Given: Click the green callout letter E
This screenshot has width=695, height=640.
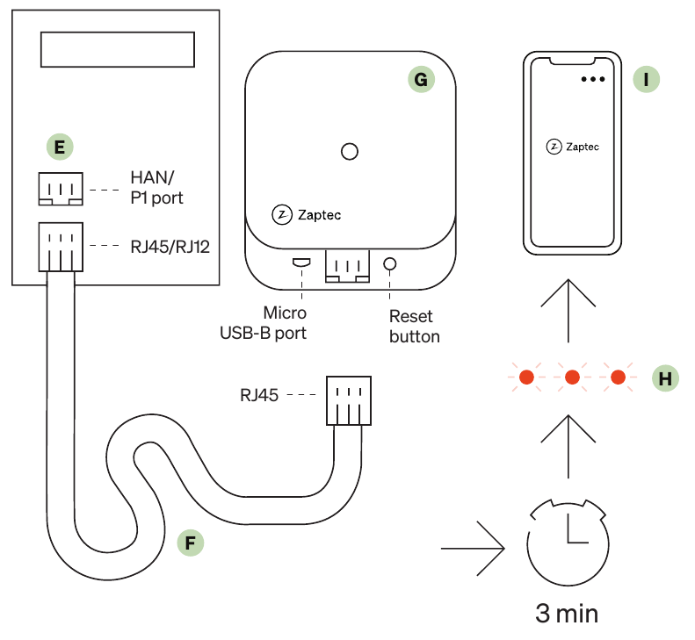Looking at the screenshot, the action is (60, 147).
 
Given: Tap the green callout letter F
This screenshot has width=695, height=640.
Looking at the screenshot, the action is (191, 543).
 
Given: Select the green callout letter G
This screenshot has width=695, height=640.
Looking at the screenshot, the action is (421, 79).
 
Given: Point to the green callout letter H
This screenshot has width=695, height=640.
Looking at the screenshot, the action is (665, 378).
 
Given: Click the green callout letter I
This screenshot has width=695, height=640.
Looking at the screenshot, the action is (647, 79).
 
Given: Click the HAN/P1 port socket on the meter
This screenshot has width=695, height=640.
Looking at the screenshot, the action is (61, 189).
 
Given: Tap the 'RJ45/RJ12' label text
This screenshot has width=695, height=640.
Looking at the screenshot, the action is (170, 247).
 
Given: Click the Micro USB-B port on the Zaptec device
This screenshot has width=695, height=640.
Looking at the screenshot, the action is (301, 262).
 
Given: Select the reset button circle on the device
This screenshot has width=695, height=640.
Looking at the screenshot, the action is (389, 264).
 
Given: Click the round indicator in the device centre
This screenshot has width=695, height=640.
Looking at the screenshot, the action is (350, 152).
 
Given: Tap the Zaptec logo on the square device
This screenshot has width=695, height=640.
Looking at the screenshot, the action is (307, 215).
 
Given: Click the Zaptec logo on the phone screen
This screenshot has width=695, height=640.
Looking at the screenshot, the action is (573, 147).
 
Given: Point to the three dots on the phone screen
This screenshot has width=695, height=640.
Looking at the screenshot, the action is (593, 79).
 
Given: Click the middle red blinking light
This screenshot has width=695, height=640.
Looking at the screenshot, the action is (572, 378).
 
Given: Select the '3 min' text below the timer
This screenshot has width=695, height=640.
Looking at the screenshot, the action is (567, 614).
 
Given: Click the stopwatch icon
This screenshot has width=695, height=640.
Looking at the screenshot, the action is (568, 543).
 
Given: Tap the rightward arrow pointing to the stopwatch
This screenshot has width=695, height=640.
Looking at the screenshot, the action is (473, 549).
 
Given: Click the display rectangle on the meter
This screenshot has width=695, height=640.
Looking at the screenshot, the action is (118, 49).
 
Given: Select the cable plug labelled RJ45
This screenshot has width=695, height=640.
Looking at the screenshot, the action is (349, 400).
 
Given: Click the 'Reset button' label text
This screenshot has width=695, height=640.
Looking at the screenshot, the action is (415, 327).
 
